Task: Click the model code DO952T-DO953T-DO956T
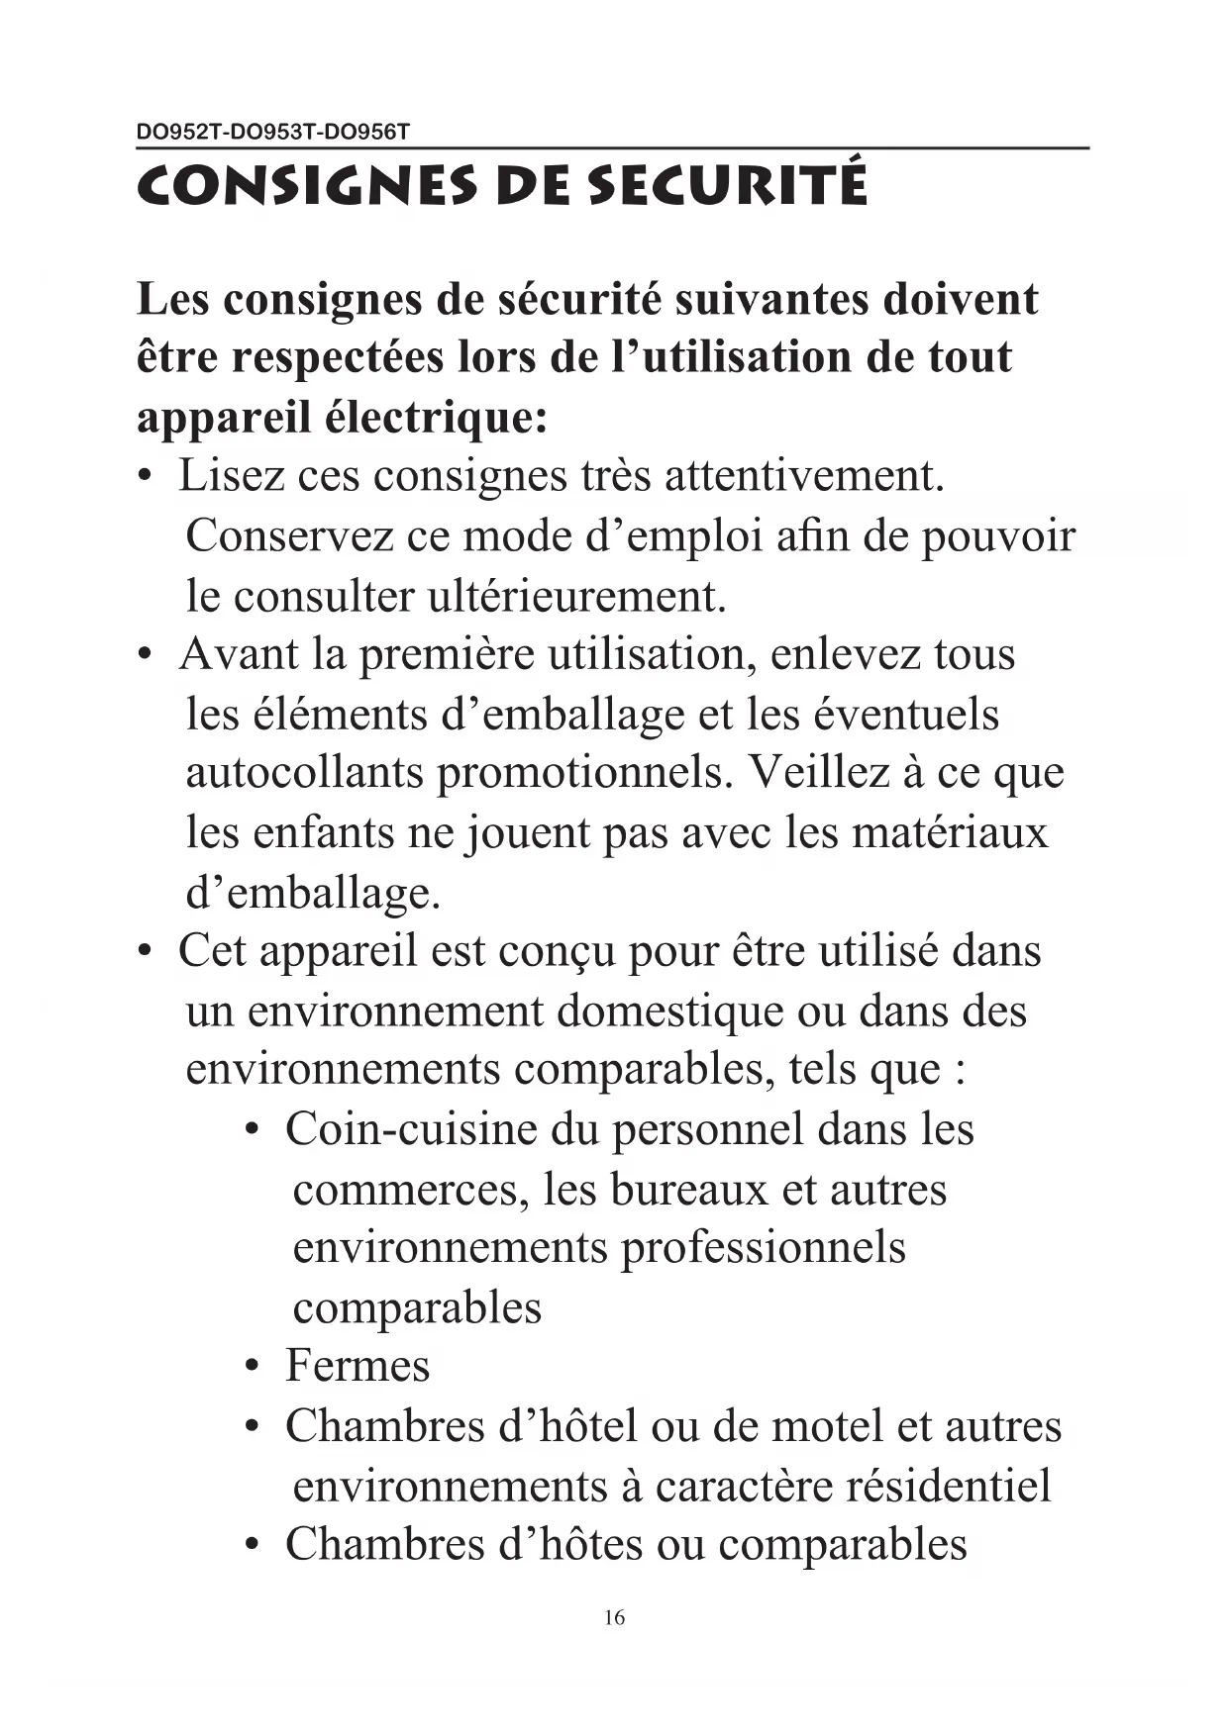point(272,131)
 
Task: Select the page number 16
point(614,1617)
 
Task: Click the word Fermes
point(358,1366)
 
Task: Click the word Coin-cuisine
point(411,1129)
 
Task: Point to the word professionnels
point(763,1248)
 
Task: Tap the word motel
point(827,1426)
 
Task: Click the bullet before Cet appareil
point(147,952)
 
